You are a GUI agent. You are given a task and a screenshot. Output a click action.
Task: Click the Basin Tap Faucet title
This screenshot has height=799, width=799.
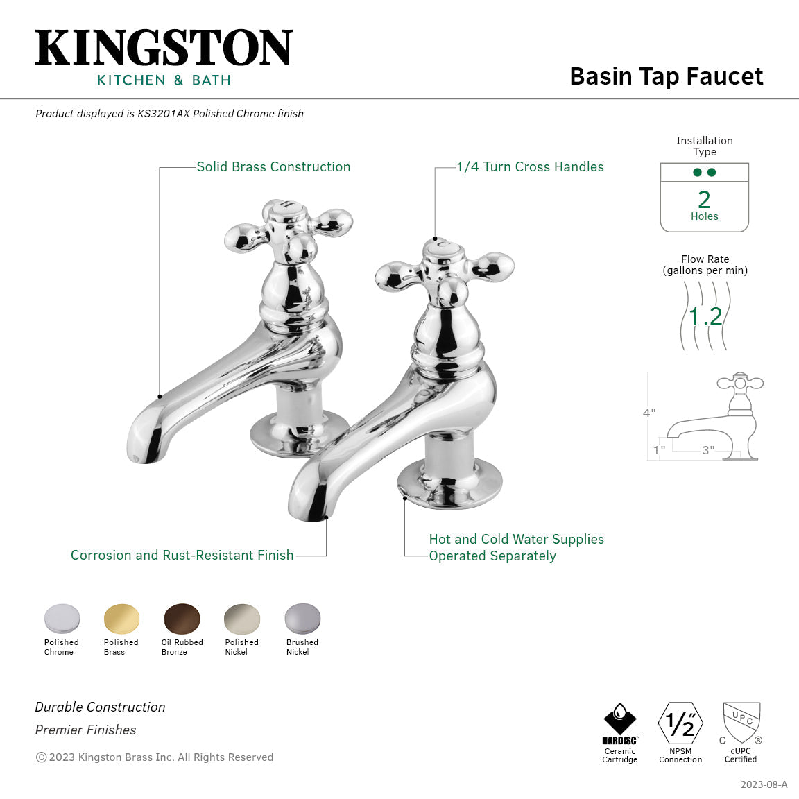pos(666,76)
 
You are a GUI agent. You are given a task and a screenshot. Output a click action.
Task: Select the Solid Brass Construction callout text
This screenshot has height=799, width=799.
pos(273,167)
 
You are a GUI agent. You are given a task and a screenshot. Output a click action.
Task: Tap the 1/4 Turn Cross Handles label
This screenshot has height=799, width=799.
pos(530,167)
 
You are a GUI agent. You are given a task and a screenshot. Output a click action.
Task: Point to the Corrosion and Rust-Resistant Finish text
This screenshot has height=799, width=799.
pos(182,556)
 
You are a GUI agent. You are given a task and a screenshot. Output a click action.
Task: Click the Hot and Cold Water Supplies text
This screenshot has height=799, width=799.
pos(516,540)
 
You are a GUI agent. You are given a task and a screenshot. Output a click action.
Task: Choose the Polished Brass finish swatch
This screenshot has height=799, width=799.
pos(121,618)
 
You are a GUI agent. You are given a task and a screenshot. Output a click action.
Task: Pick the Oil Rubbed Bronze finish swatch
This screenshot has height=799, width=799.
pos(182,618)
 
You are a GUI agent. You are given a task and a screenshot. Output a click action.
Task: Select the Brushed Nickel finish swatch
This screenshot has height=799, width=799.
pos(302,618)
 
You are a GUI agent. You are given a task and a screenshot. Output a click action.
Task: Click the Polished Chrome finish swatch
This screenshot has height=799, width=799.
pos(62,618)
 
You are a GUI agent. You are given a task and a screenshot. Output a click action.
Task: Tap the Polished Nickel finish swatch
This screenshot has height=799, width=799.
pos(241,618)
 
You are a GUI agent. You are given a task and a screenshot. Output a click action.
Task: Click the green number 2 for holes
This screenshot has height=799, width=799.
pos(704,200)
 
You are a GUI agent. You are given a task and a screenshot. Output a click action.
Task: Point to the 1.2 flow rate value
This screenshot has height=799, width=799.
pos(705,316)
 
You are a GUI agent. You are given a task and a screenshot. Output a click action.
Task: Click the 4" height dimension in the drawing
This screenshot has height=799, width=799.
pos(648,413)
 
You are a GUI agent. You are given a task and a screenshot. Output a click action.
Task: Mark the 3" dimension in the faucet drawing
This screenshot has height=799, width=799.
pos(707,450)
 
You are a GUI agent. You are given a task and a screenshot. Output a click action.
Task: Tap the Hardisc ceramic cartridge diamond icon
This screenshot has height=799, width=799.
pos(620,719)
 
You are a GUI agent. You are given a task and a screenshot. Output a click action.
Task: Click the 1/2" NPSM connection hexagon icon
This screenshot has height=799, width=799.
pos(680,723)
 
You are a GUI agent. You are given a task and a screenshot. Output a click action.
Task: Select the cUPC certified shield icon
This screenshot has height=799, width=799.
pos(741,722)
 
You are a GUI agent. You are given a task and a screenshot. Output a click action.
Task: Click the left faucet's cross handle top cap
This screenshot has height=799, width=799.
pos(286,209)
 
